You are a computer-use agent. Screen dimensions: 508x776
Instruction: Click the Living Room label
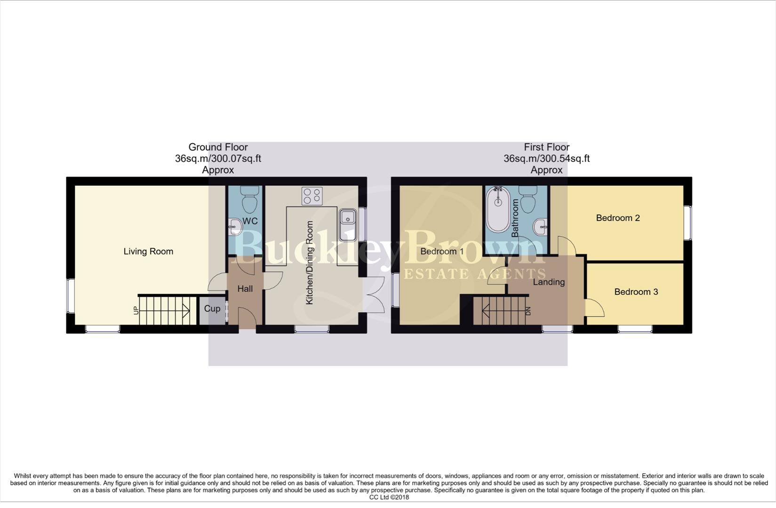click(x=148, y=252)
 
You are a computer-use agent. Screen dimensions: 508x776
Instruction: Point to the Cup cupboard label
click(x=212, y=309)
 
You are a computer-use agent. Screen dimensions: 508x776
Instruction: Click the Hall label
click(x=245, y=289)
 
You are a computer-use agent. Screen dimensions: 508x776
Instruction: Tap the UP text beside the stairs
click(x=136, y=310)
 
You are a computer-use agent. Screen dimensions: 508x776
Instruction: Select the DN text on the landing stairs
click(x=528, y=311)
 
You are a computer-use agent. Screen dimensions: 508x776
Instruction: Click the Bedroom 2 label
click(x=617, y=218)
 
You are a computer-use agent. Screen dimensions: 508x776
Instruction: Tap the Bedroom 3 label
click(x=636, y=292)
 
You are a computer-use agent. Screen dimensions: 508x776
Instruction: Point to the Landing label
click(x=548, y=282)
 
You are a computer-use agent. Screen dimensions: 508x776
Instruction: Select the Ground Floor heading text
click(x=218, y=147)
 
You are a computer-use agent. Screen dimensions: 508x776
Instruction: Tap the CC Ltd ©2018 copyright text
click(x=389, y=497)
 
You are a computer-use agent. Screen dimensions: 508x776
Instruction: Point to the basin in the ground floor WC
click(x=235, y=228)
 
